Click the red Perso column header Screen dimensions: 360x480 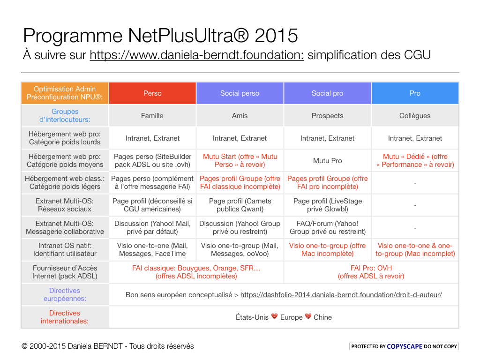click(152, 93)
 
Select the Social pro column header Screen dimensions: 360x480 click(327, 93)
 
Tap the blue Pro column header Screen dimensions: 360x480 click(415, 93)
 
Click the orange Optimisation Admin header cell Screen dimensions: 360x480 click(65, 93)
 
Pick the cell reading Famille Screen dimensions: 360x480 click(152, 116)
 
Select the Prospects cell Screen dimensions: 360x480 click(327, 116)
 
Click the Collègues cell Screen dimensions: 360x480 click(415, 116)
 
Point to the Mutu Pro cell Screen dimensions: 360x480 click(327, 161)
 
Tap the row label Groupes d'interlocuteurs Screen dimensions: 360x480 click(65, 115)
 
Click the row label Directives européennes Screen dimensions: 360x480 click(65, 294)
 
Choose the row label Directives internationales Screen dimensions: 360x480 click(65, 317)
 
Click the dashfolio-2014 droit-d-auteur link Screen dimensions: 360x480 click(341, 295)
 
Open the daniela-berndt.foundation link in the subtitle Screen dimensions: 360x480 click(196, 55)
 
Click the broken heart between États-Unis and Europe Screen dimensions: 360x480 click(274, 317)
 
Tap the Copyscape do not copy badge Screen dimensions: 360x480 click(404, 346)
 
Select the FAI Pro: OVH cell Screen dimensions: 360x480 click(371, 272)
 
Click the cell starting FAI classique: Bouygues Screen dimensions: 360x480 click(196, 272)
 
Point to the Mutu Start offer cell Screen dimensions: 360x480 click(240, 160)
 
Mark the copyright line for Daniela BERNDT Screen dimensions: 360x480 click(108, 346)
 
